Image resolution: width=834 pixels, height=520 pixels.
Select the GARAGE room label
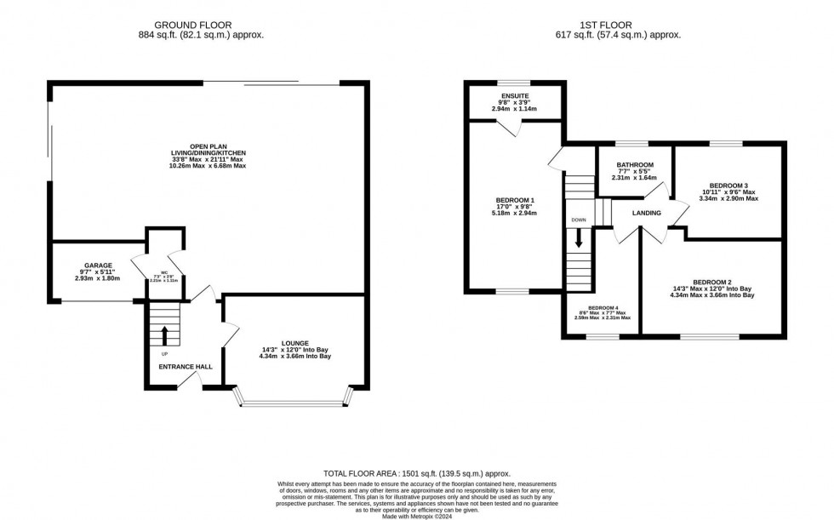click(x=98, y=266)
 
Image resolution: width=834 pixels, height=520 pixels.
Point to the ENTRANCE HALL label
click(x=185, y=367)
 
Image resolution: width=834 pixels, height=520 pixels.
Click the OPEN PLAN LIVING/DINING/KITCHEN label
click(x=206, y=146)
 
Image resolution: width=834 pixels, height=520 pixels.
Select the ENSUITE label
click(x=515, y=96)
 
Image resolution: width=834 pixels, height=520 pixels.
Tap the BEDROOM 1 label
click(x=515, y=200)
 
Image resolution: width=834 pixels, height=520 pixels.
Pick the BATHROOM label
click(x=636, y=164)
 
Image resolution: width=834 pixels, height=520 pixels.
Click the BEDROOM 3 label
click(x=728, y=185)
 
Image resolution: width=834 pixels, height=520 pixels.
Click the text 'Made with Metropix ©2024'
click(x=417, y=516)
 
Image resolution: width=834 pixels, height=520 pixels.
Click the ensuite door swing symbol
click(x=509, y=128)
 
